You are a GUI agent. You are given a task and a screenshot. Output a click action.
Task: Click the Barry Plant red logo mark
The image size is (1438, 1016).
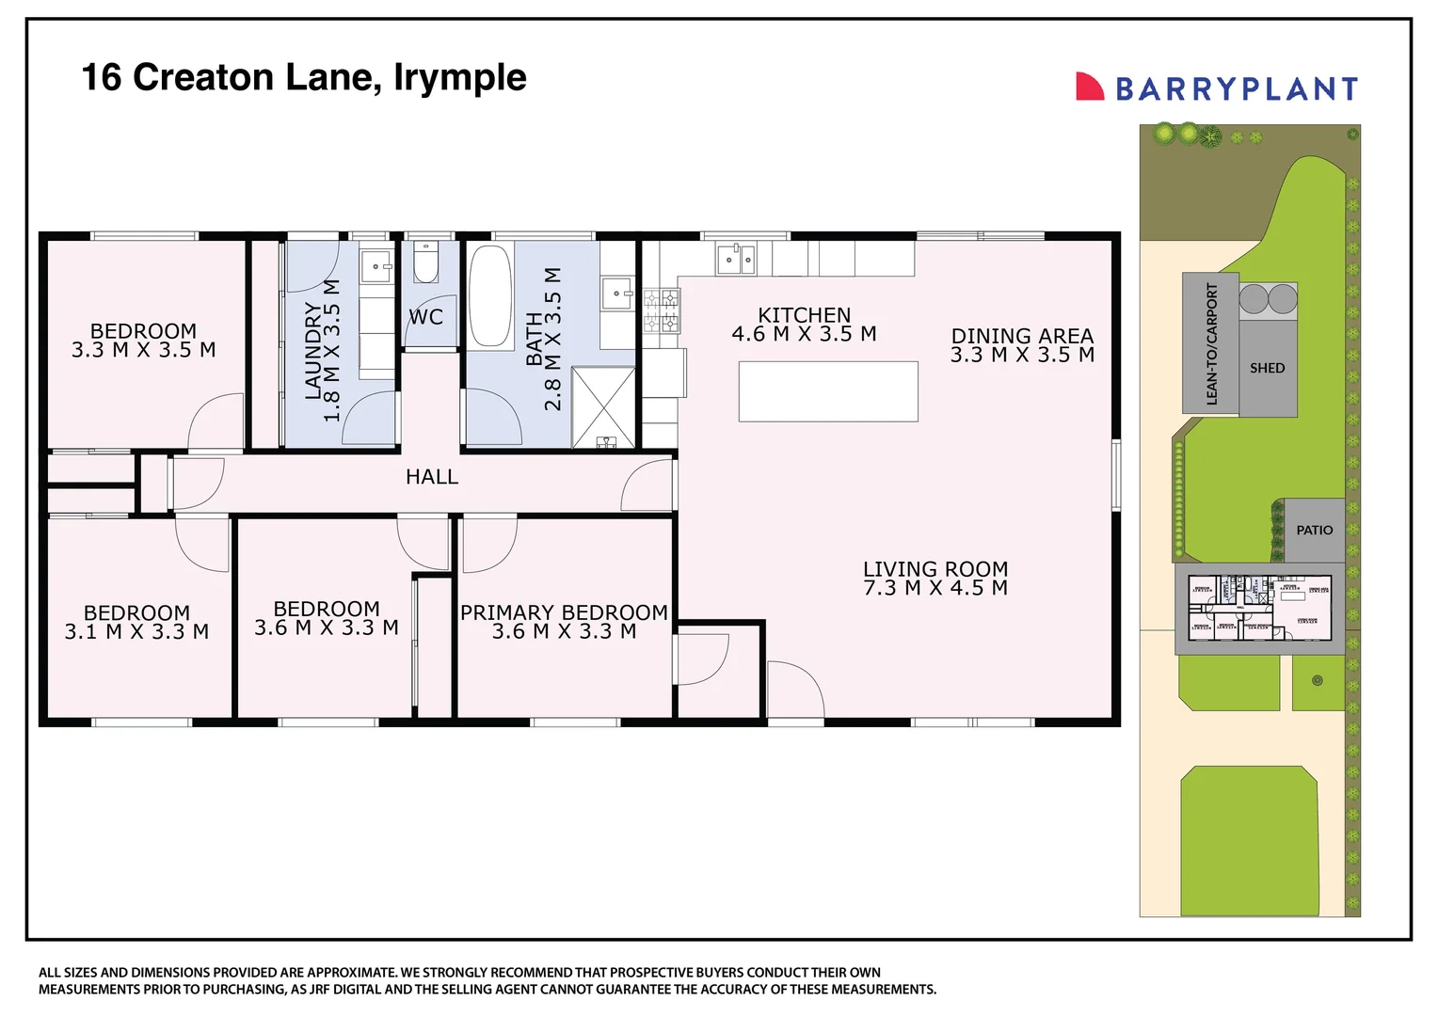[x=1089, y=87]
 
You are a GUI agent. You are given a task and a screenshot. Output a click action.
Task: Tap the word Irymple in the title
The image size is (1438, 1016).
[x=459, y=77]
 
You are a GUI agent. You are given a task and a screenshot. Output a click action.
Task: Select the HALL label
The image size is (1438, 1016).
[x=432, y=478]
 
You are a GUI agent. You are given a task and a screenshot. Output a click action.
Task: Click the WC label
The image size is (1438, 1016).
[x=425, y=318]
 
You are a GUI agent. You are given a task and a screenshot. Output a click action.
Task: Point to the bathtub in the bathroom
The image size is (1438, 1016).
[x=489, y=296]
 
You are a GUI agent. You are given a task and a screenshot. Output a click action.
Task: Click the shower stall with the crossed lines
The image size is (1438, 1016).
[x=603, y=407]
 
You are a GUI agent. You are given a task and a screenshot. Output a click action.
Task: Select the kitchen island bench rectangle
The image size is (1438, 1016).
[x=828, y=391]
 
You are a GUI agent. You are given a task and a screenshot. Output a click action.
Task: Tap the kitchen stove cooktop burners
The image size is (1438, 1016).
[x=661, y=311]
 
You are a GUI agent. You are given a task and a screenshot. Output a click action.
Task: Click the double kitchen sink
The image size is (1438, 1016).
[x=735, y=259]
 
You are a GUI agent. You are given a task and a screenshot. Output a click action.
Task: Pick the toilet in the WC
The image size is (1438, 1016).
[x=426, y=263]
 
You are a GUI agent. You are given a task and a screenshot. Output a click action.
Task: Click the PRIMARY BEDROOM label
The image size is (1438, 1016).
[x=564, y=612]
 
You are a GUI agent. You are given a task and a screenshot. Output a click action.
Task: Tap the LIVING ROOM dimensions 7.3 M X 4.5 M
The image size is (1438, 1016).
[x=935, y=589]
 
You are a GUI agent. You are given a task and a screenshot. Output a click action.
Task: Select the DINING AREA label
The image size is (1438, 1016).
[x=1022, y=336]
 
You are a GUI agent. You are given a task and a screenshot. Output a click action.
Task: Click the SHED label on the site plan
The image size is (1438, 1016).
[x=1267, y=369]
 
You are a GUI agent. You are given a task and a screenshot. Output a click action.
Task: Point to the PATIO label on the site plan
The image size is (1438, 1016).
[x=1314, y=531]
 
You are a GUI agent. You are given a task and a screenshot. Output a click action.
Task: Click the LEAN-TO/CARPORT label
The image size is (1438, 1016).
[x=1211, y=344]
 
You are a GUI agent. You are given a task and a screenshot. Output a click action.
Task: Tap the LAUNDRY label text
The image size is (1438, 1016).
[x=313, y=351]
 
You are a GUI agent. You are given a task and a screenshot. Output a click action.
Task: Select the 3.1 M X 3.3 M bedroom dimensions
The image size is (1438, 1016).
[x=136, y=632]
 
